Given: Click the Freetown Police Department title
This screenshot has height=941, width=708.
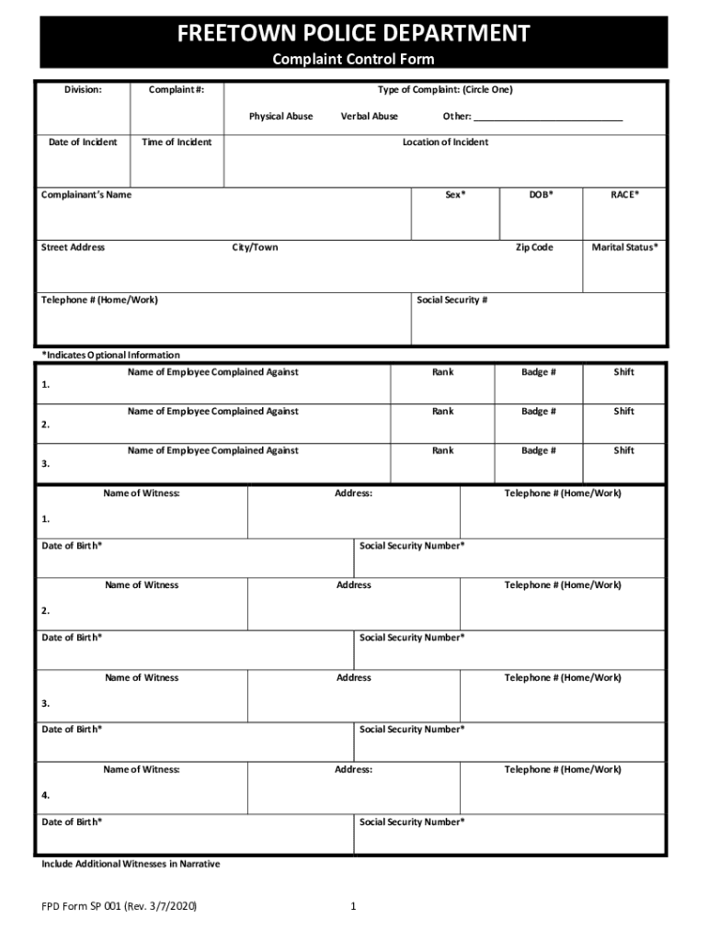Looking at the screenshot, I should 353,34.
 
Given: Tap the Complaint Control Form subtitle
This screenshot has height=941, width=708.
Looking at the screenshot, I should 353,60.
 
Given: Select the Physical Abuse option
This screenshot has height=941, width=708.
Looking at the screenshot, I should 280,117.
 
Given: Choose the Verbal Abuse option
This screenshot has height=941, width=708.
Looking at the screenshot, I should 370,117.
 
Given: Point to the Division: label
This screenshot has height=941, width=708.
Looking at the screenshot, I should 83,90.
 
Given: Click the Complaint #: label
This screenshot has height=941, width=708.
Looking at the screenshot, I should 176,90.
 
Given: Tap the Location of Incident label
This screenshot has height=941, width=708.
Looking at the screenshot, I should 445,142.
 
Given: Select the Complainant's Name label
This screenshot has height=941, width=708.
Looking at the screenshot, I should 86,195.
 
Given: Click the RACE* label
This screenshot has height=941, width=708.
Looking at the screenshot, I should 624,195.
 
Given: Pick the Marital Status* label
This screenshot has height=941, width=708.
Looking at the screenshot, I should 624,247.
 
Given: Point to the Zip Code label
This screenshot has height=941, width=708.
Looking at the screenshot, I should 533,247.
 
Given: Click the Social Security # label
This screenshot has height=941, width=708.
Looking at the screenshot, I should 451,300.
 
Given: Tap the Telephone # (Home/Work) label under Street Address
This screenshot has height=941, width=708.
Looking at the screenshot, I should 93,300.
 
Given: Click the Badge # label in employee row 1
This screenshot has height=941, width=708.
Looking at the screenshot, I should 539,372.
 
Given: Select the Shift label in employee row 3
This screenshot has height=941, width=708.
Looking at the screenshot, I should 624,451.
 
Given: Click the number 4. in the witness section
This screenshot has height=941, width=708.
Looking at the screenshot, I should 46,795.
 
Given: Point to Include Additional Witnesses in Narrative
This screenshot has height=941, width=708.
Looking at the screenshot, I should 131,864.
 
